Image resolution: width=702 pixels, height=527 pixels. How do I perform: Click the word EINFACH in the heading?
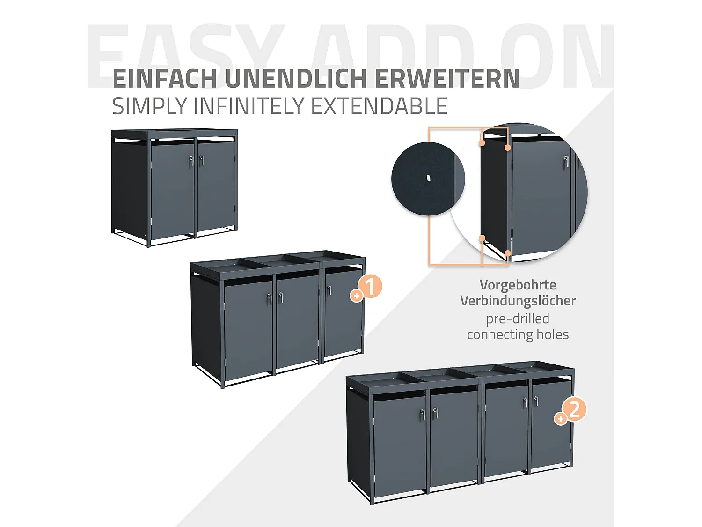(165, 78)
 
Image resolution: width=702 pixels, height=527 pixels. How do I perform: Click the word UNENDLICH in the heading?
(296, 78)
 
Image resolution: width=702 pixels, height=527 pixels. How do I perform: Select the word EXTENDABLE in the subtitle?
(379, 106)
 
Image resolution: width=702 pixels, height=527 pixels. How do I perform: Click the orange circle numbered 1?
(370, 287)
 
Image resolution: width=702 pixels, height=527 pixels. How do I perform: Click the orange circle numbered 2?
(574, 409)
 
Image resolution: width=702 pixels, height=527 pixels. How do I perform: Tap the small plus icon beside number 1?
(357, 296)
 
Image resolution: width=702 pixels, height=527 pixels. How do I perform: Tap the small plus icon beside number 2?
(560, 418)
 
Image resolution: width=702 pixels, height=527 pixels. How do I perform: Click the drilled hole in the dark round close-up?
(428, 178)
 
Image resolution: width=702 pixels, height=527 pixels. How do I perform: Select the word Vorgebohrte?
(518, 285)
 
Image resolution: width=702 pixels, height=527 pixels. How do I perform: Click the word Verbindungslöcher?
(518, 301)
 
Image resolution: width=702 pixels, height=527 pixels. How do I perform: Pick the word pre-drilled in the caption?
(518, 319)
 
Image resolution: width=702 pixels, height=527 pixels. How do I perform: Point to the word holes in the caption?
(552, 334)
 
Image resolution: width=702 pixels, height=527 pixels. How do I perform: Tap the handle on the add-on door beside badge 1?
(329, 290)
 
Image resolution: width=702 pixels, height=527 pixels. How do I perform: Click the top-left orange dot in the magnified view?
(482, 143)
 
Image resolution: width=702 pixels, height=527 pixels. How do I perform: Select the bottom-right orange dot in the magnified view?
(507, 253)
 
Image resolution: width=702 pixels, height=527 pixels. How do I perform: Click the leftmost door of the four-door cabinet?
(399, 443)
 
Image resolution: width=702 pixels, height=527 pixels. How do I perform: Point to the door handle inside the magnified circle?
(566, 161)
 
